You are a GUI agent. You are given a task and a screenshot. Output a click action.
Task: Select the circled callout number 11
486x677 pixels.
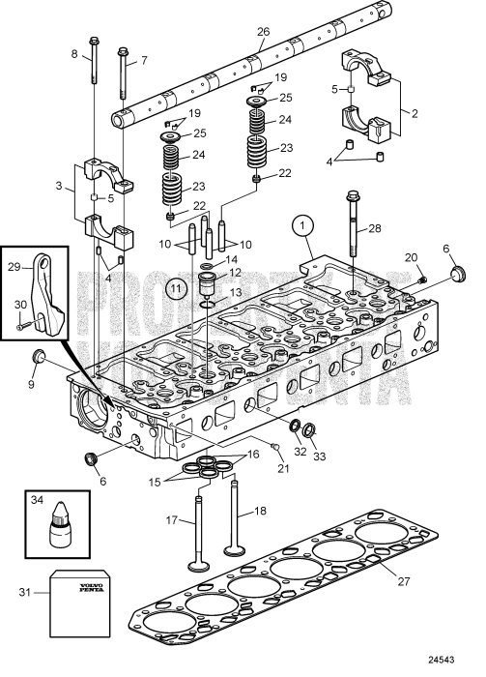(176, 287)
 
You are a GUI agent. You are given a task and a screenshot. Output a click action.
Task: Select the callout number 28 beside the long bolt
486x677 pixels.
(374, 229)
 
